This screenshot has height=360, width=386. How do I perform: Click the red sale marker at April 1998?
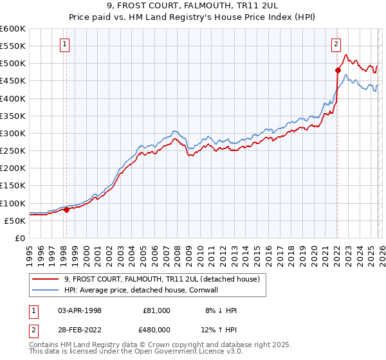66,210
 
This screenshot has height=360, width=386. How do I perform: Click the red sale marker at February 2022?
337,70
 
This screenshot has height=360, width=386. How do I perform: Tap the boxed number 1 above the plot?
66,44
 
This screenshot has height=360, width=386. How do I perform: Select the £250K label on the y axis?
13,151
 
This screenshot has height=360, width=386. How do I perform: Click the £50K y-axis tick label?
15,221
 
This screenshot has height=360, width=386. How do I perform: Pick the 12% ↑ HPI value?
219,330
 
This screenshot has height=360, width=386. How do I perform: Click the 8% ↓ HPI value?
219,310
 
